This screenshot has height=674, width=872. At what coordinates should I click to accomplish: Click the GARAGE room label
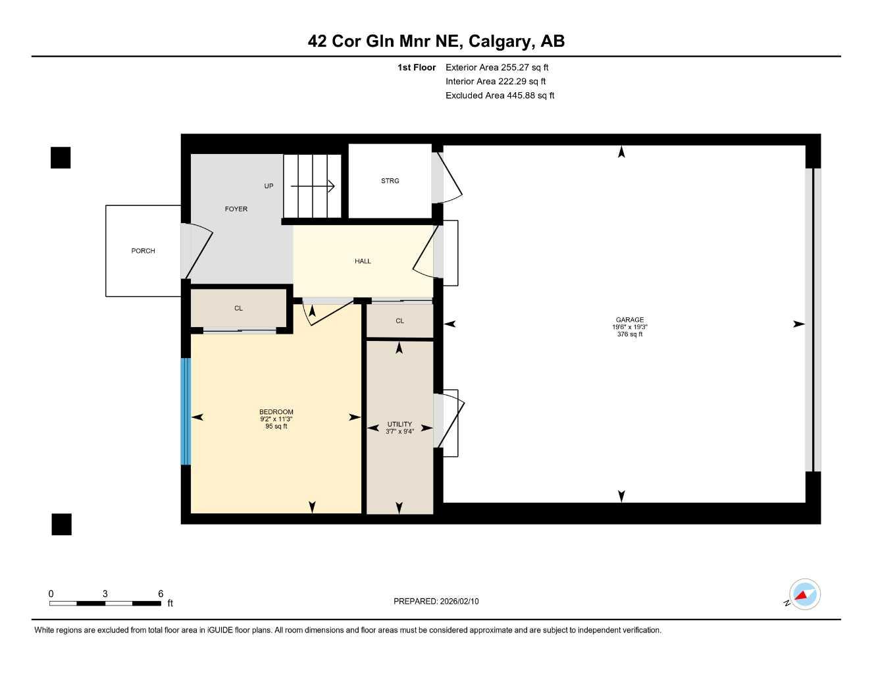click(x=629, y=320)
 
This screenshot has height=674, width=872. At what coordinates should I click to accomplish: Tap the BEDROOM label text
click(x=276, y=412)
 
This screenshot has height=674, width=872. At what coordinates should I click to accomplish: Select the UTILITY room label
click(x=399, y=425)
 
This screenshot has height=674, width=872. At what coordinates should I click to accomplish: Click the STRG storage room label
click(x=390, y=181)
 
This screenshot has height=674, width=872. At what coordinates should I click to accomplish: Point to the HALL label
click(x=363, y=261)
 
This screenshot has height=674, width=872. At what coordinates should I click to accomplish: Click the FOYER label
click(x=236, y=209)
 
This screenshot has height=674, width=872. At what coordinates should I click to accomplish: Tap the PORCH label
click(x=143, y=251)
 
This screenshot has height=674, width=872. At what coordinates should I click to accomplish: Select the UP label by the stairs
click(x=269, y=186)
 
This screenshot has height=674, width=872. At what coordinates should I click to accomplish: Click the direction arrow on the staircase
click(x=313, y=187)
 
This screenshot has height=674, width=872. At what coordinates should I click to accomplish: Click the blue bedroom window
click(x=186, y=411)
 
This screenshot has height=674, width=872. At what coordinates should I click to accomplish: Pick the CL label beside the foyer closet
click(x=238, y=309)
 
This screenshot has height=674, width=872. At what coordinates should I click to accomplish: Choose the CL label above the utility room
click(x=399, y=321)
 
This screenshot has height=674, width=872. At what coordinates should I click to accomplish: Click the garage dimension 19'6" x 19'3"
click(x=629, y=327)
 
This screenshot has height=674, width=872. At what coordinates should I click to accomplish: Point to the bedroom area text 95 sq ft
click(x=276, y=427)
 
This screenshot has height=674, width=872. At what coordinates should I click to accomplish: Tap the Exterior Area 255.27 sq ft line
click(x=497, y=67)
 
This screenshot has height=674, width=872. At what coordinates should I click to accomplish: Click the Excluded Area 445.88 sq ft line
click(x=500, y=95)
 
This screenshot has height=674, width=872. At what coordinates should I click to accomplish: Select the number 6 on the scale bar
click(x=161, y=594)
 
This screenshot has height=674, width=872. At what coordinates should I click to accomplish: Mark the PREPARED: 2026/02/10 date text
click(x=436, y=602)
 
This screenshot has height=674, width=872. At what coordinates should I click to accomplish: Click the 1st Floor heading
click(x=417, y=67)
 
